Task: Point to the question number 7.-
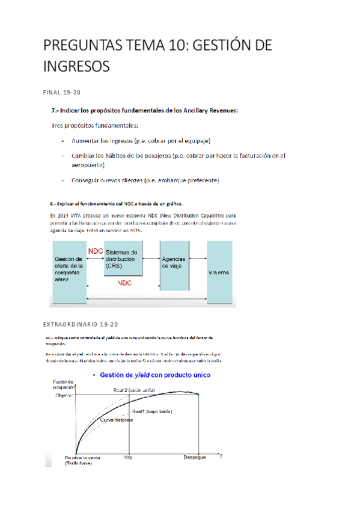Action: point(56,110)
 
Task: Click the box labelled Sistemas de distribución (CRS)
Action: point(123,259)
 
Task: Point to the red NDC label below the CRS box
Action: point(125,282)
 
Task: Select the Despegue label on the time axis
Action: point(195,457)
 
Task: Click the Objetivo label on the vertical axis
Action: point(64,396)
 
